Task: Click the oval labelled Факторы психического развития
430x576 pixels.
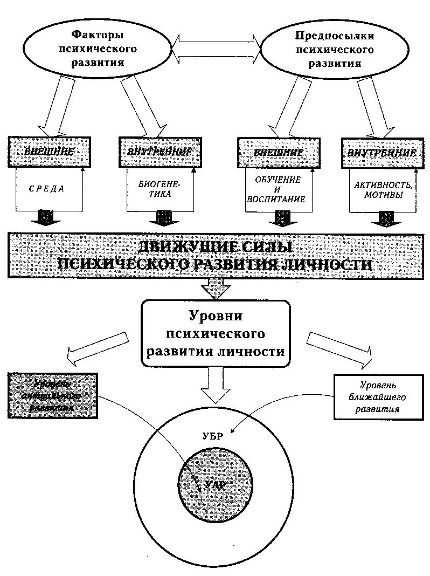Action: (x=97, y=49)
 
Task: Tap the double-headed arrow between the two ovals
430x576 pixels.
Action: (x=216, y=47)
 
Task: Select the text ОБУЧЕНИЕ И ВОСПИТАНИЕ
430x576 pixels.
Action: (x=275, y=189)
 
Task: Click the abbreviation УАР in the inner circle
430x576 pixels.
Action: (x=214, y=485)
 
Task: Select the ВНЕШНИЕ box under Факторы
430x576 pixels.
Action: (x=49, y=152)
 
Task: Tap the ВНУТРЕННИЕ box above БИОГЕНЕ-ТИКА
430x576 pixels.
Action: (x=159, y=152)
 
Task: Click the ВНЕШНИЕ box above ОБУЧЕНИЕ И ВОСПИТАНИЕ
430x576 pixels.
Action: (x=278, y=152)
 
